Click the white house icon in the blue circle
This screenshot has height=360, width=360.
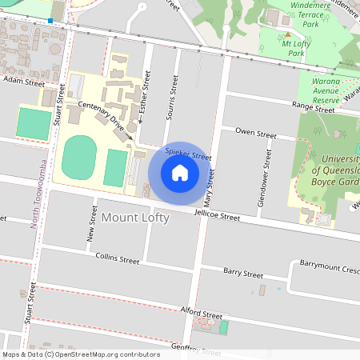pos(179,172)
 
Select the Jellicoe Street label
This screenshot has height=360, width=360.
pos(218,215)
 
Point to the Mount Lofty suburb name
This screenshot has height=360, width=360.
pos(135,218)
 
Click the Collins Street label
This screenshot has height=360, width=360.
pos(117,259)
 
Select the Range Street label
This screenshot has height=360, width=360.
pos(313,106)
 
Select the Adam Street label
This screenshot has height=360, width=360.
pos(23,81)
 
